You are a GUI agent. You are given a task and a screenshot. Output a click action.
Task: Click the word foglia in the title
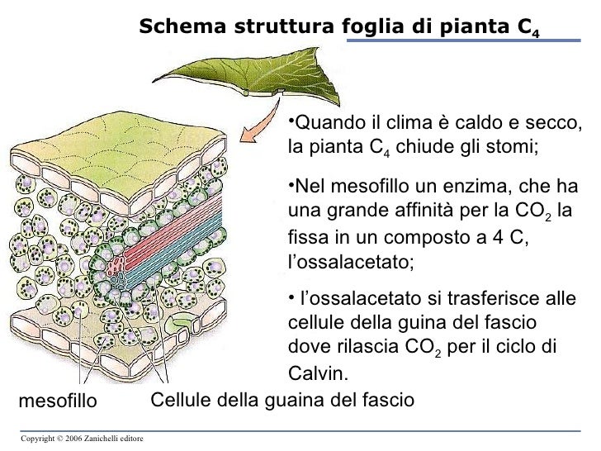(372, 26)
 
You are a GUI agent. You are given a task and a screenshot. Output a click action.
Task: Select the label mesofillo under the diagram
(57, 401)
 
